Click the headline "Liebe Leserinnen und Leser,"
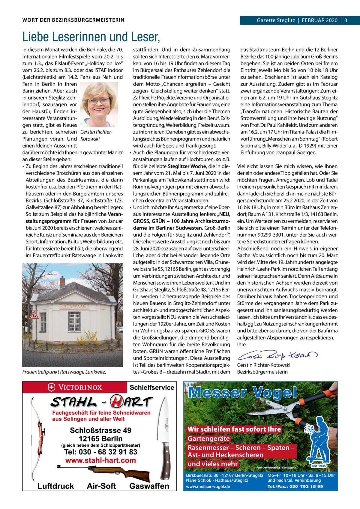coord(91,37)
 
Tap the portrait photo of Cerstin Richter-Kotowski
coord(98,103)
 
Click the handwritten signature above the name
coord(274,356)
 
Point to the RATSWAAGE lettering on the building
coord(74,306)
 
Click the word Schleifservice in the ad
coord(152,388)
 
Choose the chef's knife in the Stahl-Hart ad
coord(166,435)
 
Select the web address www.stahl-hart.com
coord(100,460)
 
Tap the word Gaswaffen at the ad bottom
coord(149,486)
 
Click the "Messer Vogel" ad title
coord(242,392)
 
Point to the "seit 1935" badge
coord(318,466)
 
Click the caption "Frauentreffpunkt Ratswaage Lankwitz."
coord(64,372)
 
